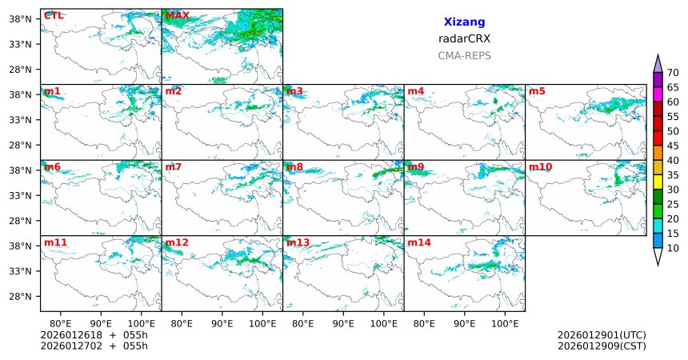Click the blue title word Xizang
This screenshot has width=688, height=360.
464,22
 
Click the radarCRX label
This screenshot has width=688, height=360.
464,38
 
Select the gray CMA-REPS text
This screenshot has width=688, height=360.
464,56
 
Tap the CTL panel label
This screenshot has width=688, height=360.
54,15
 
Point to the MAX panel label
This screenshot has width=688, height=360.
177,15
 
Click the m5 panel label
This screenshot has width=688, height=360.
537,91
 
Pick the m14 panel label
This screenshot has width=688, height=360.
419,242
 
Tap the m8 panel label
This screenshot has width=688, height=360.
294,166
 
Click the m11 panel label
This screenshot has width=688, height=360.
55,242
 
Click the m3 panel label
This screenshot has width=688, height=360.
294,91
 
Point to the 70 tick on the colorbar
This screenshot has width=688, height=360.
673,73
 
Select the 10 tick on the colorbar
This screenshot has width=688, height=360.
673,249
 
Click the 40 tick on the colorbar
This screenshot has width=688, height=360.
673,161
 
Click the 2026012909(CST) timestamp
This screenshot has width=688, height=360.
602,346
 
